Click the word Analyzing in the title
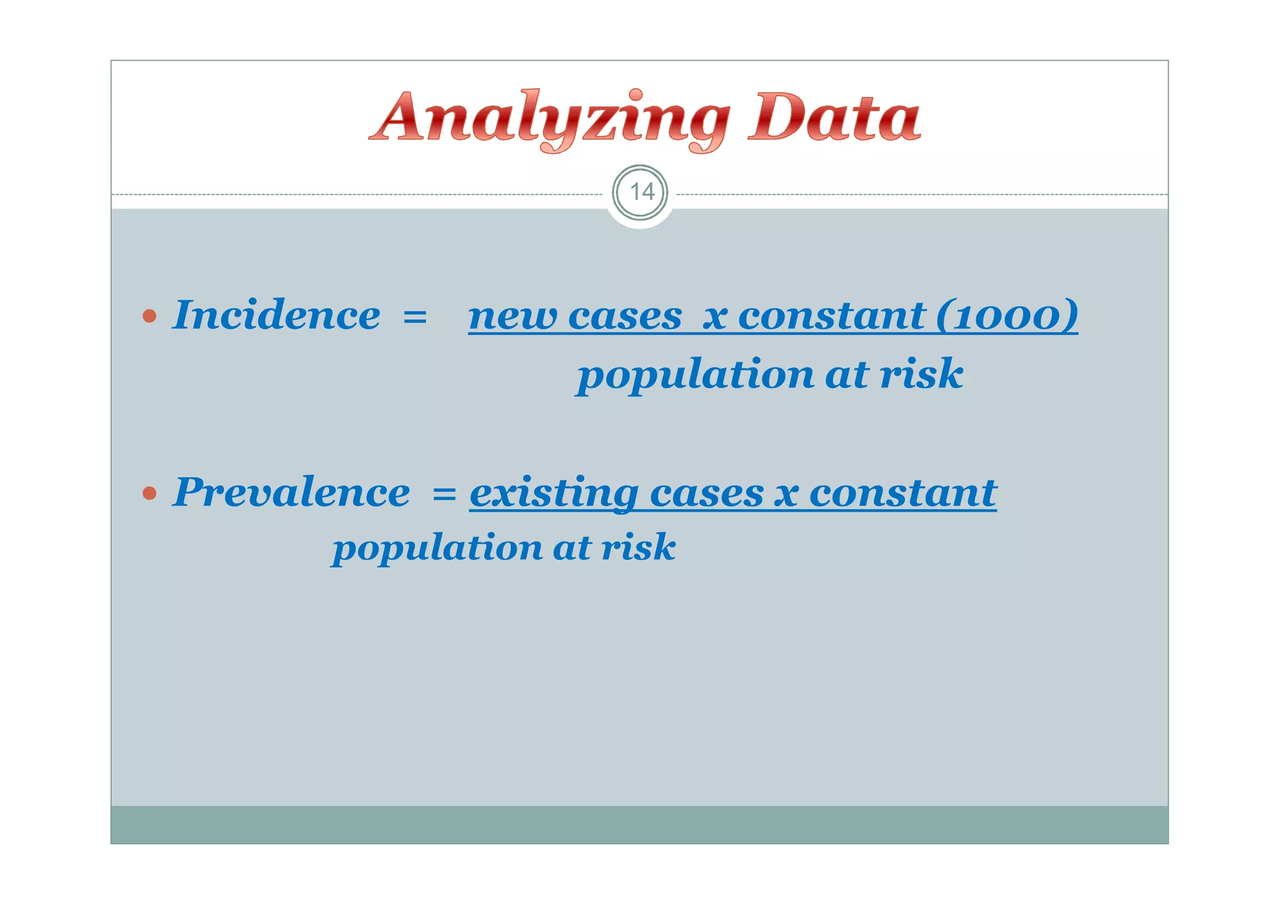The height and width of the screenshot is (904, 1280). point(550,119)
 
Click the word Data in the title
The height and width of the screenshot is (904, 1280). point(834,117)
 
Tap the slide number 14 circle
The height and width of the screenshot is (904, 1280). point(640,192)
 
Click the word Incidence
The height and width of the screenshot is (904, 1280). point(276,315)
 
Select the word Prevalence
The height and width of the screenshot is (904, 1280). point(291,492)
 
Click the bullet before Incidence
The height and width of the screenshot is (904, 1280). point(149,316)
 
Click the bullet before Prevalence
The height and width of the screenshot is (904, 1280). point(149,494)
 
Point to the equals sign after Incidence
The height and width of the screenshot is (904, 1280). point(415,317)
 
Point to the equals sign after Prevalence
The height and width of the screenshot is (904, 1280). point(444,495)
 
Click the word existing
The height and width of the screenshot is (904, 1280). point(554,494)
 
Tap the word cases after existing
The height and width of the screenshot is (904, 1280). point(706,494)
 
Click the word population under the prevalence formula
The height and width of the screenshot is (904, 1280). point(437,548)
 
